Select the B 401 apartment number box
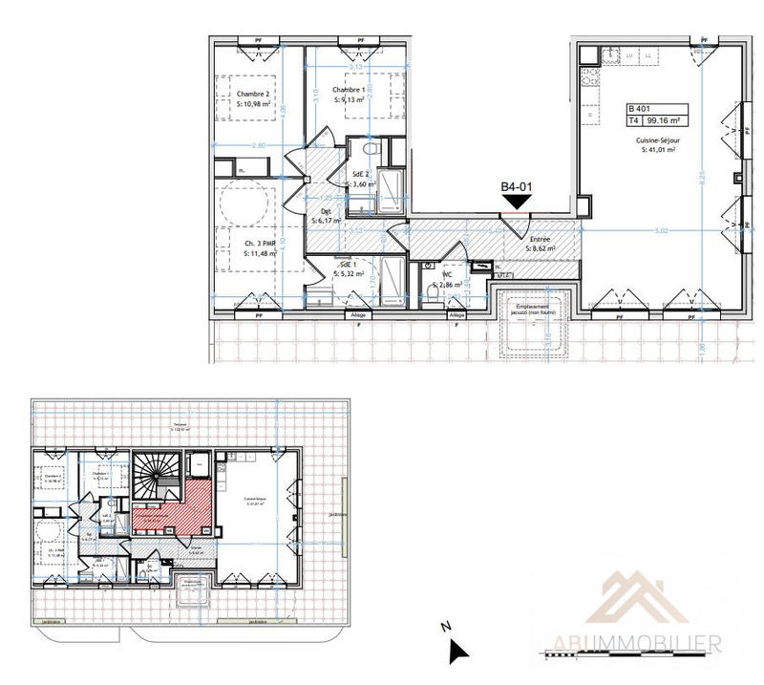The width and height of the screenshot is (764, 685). [x=638, y=109]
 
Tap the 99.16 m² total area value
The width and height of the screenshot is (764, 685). [x=663, y=121]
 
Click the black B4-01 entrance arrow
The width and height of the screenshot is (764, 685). [x=518, y=200]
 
